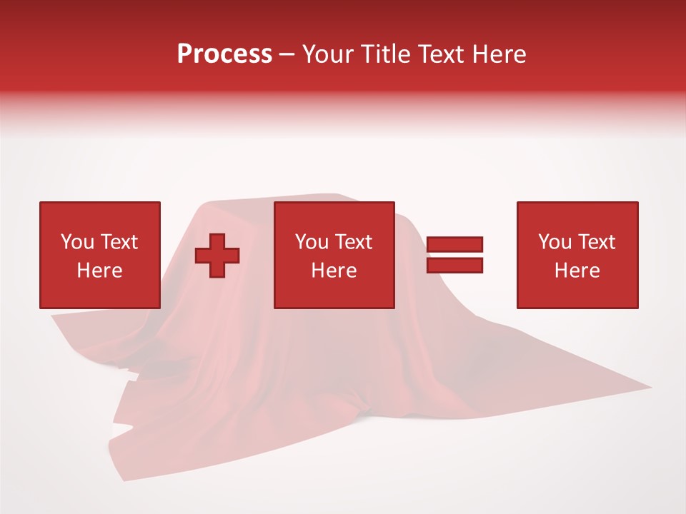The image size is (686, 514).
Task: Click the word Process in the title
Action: click(x=224, y=54)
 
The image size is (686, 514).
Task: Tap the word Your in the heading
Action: click(x=326, y=54)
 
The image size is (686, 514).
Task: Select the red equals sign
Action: click(x=454, y=255)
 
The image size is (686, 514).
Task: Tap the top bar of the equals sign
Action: click(x=454, y=245)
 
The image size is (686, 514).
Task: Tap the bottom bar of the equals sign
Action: click(x=454, y=265)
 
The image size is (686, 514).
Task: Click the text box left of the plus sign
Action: click(x=99, y=255)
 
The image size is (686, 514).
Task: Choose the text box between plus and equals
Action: click(x=334, y=255)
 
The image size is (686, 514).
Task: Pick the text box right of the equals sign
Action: click(x=577, y=255)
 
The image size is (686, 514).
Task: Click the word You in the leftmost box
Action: click(x=77, y=242)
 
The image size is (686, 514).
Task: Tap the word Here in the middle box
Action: click(x=334, y=271)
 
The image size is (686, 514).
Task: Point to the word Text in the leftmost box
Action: click(x=118, y=242)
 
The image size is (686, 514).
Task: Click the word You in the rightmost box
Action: click(x=555, y=242)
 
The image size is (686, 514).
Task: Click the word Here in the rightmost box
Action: click(x=577, y=271)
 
